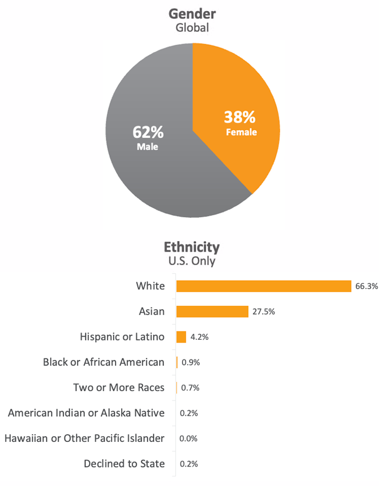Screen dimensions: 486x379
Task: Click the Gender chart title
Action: [192, 14]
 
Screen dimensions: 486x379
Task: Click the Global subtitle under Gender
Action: [192, 27]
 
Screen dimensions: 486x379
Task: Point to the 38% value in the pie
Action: [240, 117]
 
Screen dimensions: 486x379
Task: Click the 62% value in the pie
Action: [148, 132]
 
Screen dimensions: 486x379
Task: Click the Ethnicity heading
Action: [192, 247]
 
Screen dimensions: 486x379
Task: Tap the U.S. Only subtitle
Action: [192, 261]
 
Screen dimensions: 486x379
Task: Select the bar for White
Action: [263, 286]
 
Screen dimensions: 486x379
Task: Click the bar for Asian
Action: [212, 311]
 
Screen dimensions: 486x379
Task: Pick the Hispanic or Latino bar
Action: [181, 337]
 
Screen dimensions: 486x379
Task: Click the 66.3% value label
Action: [366, 286]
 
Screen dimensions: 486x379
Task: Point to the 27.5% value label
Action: [263, 311]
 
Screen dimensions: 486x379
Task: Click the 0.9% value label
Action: [191, 362]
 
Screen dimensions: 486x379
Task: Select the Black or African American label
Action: [104, 362]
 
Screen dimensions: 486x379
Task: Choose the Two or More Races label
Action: [119, 387]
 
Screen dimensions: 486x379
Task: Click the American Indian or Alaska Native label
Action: [87, 413]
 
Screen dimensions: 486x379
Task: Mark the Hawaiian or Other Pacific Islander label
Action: [84, 438]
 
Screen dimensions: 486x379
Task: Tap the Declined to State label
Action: [124, 463]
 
